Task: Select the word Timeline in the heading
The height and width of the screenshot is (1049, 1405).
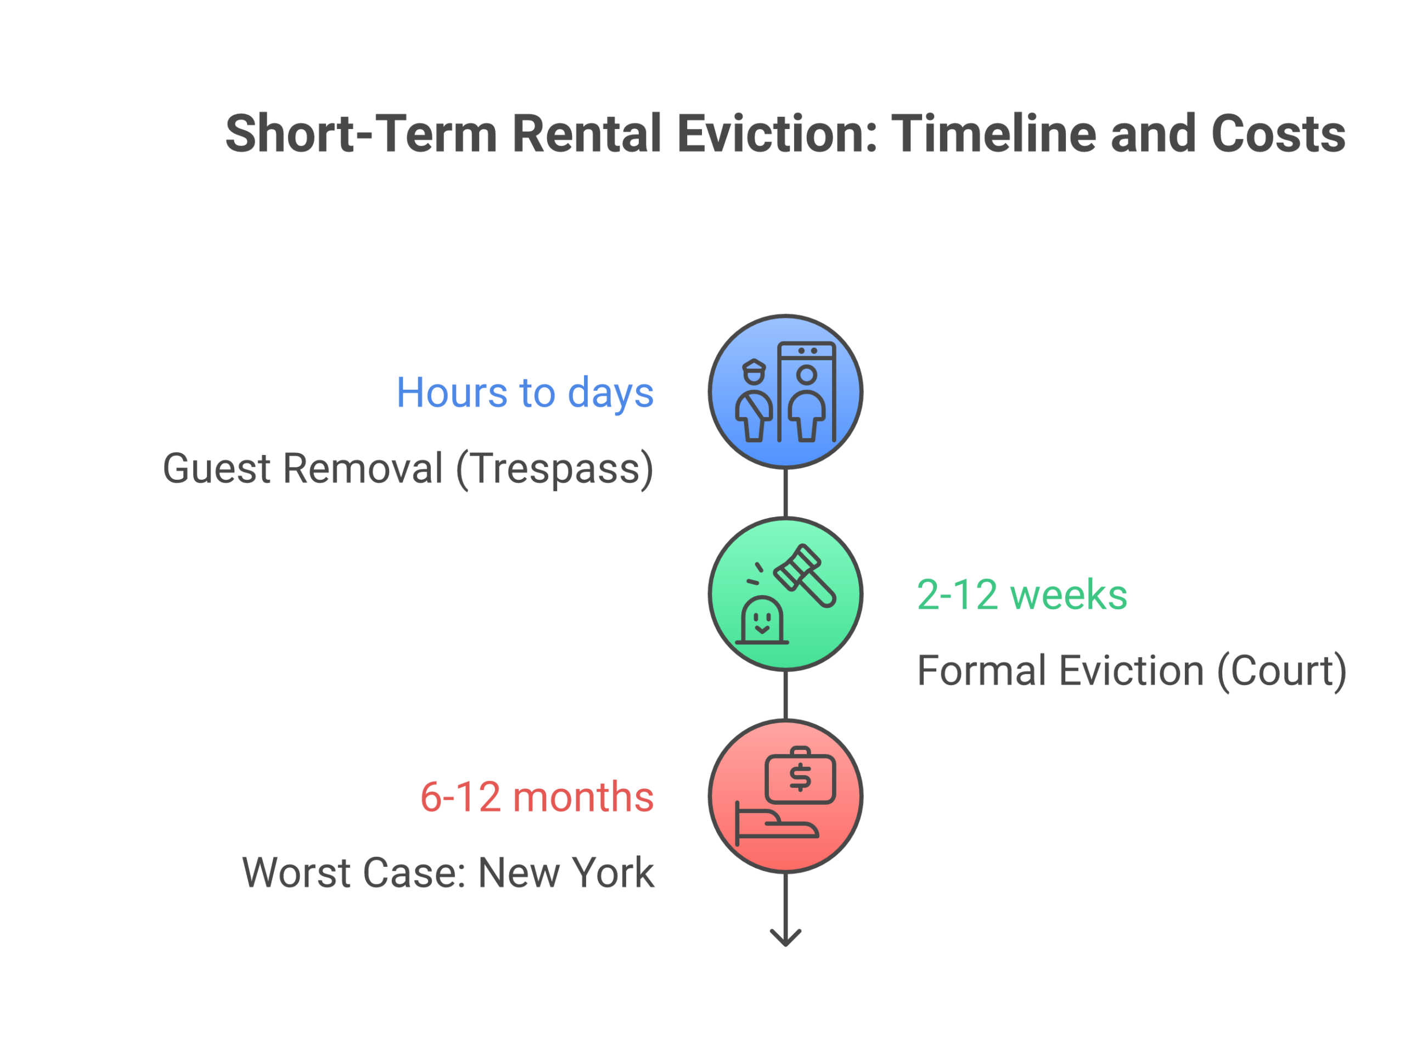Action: click(x=993, y=134)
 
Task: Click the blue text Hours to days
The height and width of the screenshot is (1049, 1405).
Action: click(x=525, y=392)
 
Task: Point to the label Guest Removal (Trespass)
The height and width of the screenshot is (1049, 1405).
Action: click(x=408, y=469)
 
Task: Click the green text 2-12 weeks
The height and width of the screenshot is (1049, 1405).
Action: click(x=1021, y=595)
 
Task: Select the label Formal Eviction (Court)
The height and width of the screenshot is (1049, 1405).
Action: click(x=1131, y=671)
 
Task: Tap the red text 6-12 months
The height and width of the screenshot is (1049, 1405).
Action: click(x=537, y=797)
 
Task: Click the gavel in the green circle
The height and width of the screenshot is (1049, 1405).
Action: click(x=805, y=575)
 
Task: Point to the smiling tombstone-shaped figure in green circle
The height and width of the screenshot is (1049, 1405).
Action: click(x=762, y=621)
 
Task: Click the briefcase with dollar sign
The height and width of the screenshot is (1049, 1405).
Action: click(x=800, y=777)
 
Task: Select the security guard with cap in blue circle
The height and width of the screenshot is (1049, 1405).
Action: click(x=754, y=401)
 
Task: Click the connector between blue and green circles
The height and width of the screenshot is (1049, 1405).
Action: click(x=785, y=493)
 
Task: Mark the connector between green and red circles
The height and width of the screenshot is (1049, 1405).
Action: click(x=785, y=695)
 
